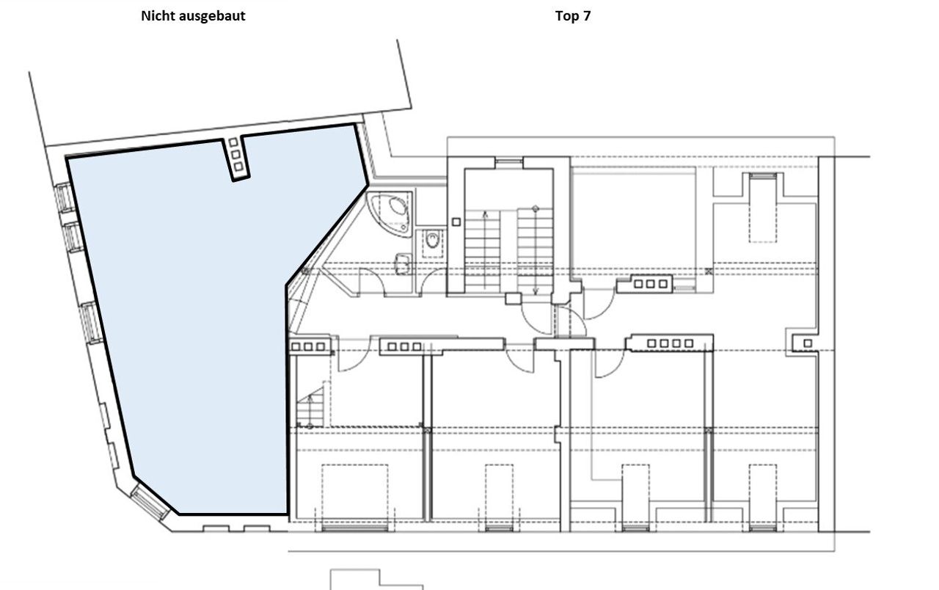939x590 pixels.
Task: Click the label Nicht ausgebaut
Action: click(193, 16)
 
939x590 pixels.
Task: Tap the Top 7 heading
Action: click(573, 16)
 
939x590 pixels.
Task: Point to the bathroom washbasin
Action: click(403, 264)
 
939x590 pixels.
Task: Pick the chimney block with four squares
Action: click(670, 343)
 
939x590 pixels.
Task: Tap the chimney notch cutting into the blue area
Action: click(236, 159)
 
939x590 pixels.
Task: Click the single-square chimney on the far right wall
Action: click(808, 343)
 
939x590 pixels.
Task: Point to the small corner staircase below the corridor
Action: click(310, 407)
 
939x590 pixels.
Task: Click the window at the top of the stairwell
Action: click(509, 162)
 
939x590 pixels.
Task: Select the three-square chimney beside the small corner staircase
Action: click(309, 346)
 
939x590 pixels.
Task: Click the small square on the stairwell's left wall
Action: click(456, 222)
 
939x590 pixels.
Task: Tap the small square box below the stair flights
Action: click(513, 299)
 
